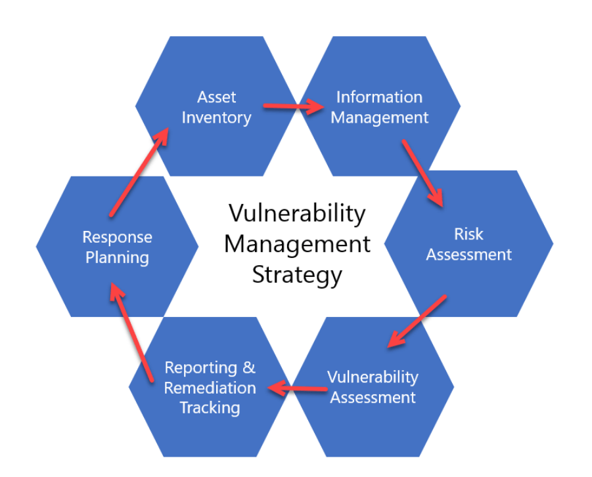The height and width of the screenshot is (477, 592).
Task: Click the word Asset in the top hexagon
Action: tap(216, 97)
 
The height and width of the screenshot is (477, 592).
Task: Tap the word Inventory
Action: tap(216, 118)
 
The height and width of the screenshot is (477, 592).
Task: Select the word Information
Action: tap(379, 97)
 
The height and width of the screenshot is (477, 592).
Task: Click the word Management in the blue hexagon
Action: tap(379, 118)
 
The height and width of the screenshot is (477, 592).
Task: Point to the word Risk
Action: tap(468, 234)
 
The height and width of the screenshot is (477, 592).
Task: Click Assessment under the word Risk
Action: tap(469, 255)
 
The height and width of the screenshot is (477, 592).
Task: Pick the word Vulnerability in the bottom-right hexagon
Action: tap(373, 377)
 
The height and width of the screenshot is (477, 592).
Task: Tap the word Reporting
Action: tap(200, 368)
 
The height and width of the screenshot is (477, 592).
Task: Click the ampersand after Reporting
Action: tap(249, 367)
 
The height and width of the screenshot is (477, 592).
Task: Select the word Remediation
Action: tap(210, 388)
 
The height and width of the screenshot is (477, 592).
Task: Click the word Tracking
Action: tap(210, 408)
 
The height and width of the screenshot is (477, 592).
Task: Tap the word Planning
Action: tap(117, 259)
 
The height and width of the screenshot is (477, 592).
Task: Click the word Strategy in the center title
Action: tap(297, 276)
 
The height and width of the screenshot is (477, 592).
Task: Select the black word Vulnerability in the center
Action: tap(297, 214)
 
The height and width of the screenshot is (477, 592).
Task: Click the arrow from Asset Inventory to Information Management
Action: tap(294, 106)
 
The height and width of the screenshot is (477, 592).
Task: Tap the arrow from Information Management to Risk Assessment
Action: tap(423, 173)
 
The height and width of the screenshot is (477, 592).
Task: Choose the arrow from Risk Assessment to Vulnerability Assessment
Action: tap(417, 321)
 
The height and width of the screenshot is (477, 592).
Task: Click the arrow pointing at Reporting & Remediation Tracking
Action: tap(298, 388)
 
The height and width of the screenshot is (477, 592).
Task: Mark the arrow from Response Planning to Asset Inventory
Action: tap(139, 172)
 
